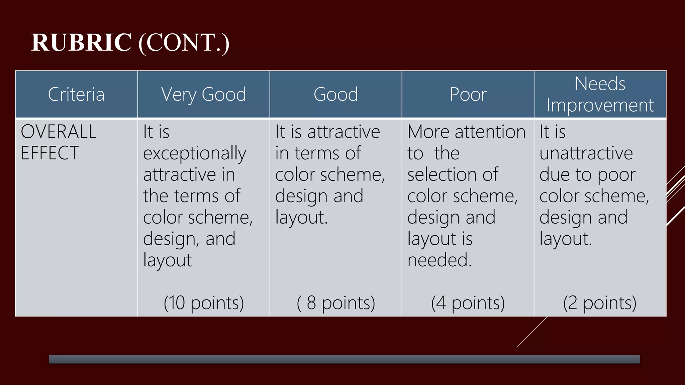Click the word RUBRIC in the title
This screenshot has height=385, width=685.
tap(81, 42)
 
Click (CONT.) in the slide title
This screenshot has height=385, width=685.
tap(184, 43)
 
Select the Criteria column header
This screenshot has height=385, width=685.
tap(76, 94)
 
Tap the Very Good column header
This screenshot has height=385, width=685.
tap(204, 94)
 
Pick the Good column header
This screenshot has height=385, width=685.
tap(335, 94)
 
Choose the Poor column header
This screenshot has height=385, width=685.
tap(468, 94)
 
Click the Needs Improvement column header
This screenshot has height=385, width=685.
tap(600, 94)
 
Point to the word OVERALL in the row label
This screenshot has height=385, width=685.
tap(59, 131)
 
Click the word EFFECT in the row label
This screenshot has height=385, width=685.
tap(50, 153)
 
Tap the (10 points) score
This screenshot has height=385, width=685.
tap(204, 303)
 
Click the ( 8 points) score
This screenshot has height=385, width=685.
tap(336, 303)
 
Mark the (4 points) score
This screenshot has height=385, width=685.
tap(468, 303)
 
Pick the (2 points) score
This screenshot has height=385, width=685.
tap(600, 303)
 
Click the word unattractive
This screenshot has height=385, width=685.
tap(586, 153)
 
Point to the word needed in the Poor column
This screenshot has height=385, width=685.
tap(438, 260)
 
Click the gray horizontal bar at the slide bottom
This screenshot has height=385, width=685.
tap(344, 359)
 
